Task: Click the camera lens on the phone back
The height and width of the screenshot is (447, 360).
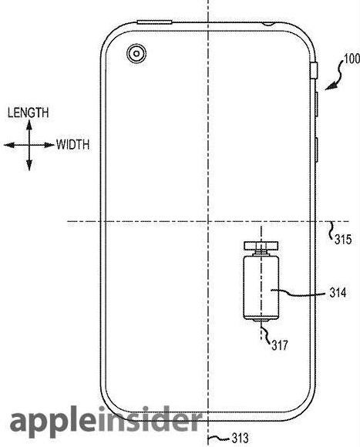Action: pyautogui.click(x=136, y=54)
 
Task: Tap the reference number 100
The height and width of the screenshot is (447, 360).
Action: pyautogui.click(x=352, y=59)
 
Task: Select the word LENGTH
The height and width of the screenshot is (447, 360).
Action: pyautogui.click(x=28, y=113)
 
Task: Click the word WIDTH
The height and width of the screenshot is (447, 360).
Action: pyautogui.click(x=72, y=145)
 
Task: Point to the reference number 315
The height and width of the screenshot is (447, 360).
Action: pyautogui.click(x=343, y=239)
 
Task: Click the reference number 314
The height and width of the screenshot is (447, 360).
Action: pyautogui.click(x=338, y=293)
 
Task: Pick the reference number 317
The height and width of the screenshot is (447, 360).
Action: pyautogui.click(x=280, y=345)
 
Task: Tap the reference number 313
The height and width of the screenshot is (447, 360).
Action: pyautogui.click(x=240, y=438)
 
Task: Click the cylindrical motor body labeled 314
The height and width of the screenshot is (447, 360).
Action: pyautogui.click(x=261, y=287)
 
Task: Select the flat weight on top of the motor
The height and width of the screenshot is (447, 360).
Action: pyautogui.click(x=261, y=245)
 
